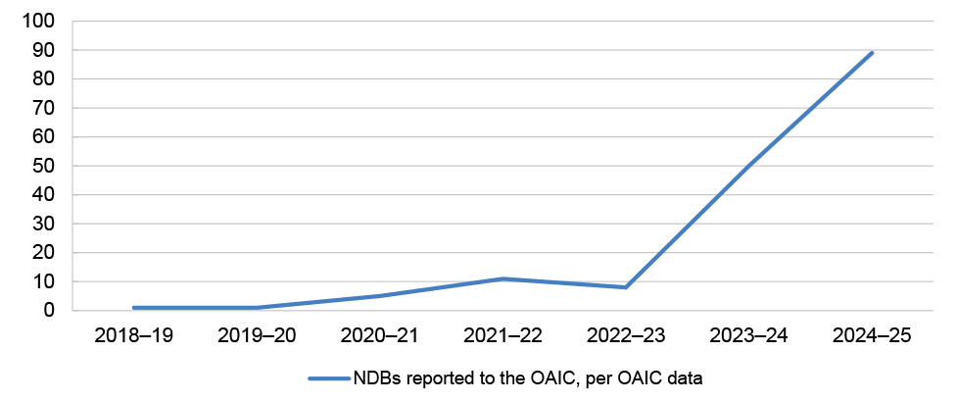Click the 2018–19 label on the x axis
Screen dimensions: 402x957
pos(133,335)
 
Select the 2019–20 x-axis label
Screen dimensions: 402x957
pos(256,335)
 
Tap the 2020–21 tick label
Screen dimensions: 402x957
pos(379,335)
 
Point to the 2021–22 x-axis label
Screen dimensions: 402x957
pos(502,335)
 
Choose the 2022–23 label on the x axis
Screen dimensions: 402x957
pos(625,335)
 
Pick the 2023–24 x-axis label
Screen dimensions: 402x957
pos(748,335)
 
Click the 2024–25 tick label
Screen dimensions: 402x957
pos(871,335)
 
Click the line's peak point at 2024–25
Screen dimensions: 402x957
pos(871,53)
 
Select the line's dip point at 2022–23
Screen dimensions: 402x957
pos(625,287)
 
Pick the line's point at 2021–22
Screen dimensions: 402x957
pos(502,278)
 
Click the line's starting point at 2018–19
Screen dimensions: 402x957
pos(133,308)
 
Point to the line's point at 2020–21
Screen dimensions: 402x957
pos(379,296)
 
